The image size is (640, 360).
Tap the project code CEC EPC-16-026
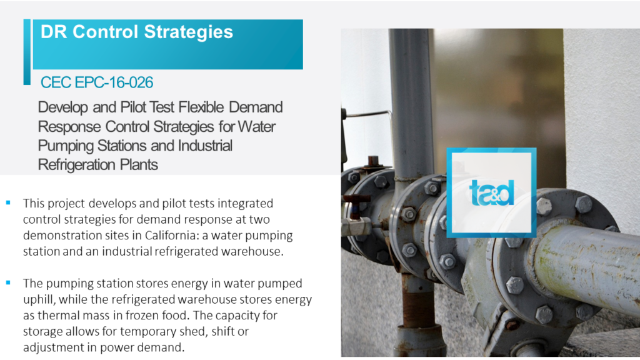pos(97,82)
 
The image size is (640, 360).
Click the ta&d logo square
pos(491,192)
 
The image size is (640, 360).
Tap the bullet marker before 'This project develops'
pos(8,202)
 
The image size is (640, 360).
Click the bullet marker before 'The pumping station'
pos(8,282)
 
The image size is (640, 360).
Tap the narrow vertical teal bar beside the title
pos(27,52)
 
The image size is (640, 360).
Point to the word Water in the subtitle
pos(257,126)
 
